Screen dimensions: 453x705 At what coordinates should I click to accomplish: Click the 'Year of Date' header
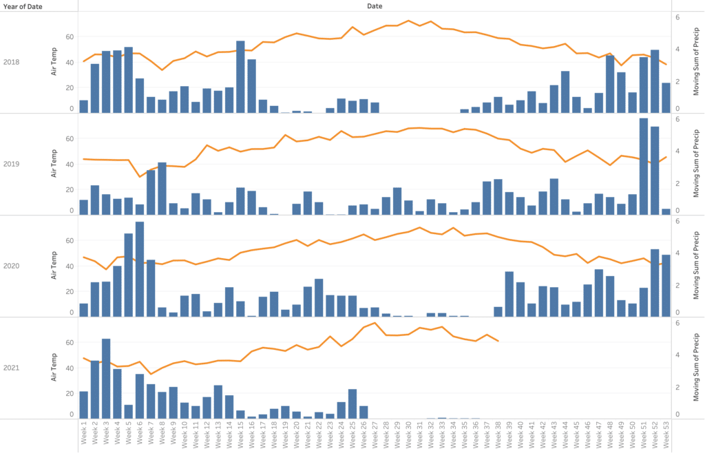coord(24,6)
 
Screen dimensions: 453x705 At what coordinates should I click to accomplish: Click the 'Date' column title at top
coord(375,6)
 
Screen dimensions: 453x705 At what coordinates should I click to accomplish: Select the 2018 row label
coord(12,63)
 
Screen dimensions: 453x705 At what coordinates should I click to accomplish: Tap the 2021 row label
coord(12,368)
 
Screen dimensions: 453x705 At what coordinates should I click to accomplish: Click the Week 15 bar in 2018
coord(240,76)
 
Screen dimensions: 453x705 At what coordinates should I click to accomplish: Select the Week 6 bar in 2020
coord(140,269)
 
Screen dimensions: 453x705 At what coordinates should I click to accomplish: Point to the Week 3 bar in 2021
coord(106,378)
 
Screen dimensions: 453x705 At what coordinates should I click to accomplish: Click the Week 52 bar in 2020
coord(655,282)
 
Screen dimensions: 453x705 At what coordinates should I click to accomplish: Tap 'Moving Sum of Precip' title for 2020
coord(696,266)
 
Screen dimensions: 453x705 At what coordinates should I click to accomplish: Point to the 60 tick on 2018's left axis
coord(69,36)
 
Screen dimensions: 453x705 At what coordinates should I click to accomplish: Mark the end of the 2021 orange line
coord(498,341)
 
